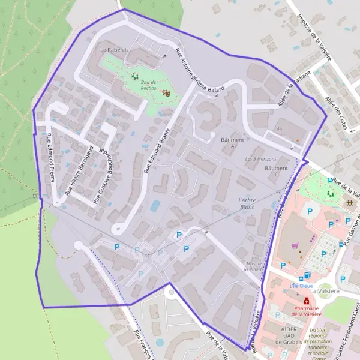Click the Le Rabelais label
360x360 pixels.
pos(114,49)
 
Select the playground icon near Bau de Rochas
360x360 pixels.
pos(135,76)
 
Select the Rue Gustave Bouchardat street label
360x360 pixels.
pos(100,174)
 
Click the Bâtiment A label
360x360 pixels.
pos(232,142)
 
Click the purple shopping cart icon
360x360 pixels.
pos(294,245)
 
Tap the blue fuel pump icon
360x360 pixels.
pos(307,275)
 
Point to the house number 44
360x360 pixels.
pos(279,129)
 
